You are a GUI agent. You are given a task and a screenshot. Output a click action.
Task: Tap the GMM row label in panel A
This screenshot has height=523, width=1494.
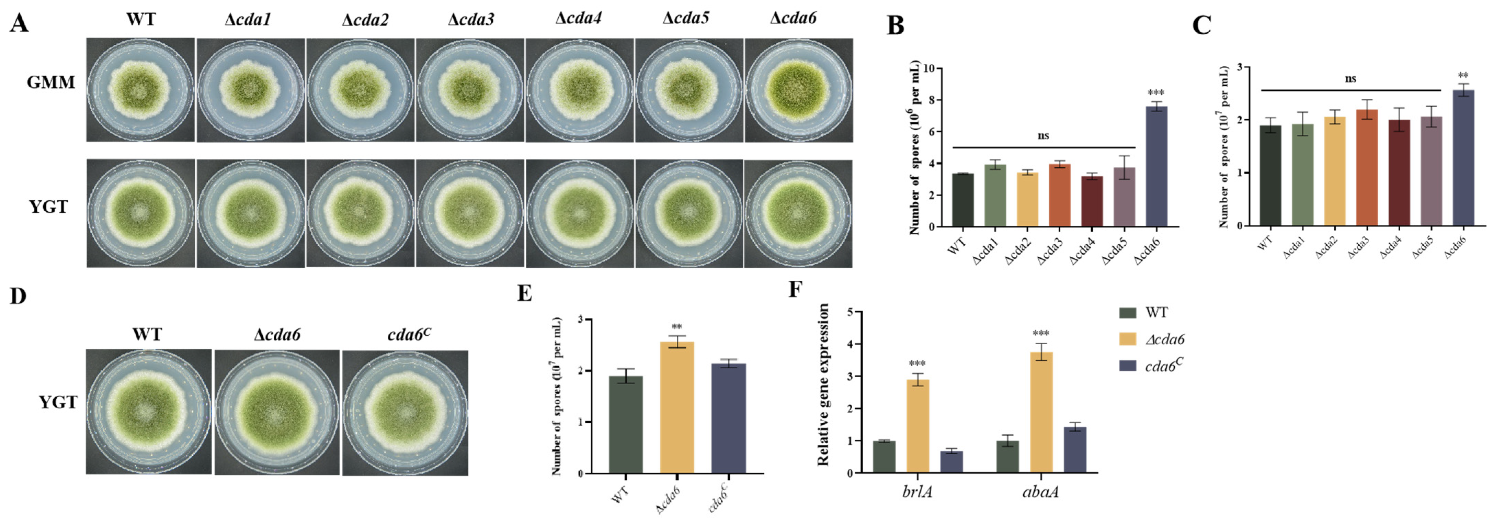(x=51, y=82)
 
